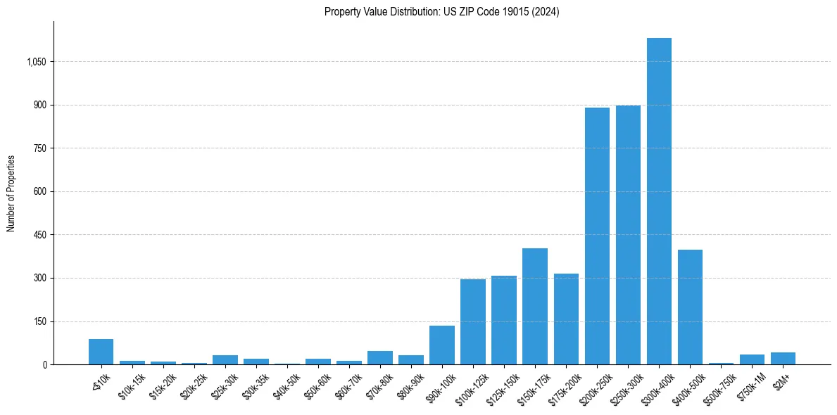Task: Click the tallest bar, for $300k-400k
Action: (659, 201)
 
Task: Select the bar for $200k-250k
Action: (597, 236)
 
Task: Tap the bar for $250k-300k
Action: (628, 235)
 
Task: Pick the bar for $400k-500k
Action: (690, 307)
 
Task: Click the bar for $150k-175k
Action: (535, 307)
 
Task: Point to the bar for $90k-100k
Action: (442, 345)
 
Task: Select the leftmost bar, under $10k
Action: (101, 352)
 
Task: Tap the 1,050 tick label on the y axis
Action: (36, 62)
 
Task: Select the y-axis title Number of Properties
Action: (11, 193)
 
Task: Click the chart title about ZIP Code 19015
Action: (441, 12)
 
